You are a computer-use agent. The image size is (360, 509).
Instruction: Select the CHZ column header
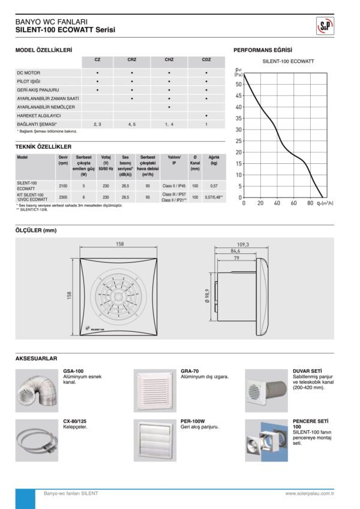pyautogui.click(x=169, y=60)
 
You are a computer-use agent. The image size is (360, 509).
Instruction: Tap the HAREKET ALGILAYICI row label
pyautogui.click(x=39, y=115)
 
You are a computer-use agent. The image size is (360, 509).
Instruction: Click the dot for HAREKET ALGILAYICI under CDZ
pyautogui.click(x=206, y=115)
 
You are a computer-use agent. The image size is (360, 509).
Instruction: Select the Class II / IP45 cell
pyautogui.click(x=174, y=187)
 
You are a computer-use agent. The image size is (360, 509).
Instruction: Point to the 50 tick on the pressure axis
pyautogui.click(x=239, y=85)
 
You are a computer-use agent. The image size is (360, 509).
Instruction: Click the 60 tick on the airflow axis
pyautogui.click(x=294, y=203)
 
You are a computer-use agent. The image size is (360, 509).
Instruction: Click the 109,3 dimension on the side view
pyautogui.click(x=243, y=244)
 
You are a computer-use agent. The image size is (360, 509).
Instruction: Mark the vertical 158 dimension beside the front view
pyautogui.click(x=69, y=297)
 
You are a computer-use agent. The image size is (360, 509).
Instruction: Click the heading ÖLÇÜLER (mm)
pyautogui.click(x=35, y=230)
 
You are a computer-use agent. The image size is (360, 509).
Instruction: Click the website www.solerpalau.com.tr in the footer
pyautogui.click(x=310, y=493)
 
